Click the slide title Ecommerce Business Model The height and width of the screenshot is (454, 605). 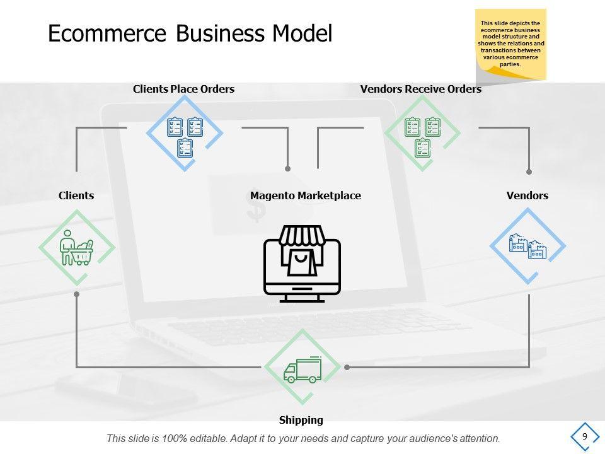(x=190, y=33)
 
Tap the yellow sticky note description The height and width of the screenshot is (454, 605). (x=511, y=44)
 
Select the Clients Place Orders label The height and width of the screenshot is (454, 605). (x=183, y=90)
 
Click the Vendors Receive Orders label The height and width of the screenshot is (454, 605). (x=420, y=90)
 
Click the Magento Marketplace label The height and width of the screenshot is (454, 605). (x=306, y=195)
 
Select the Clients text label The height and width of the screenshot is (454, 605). (x=76, y=195)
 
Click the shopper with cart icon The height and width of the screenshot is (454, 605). (x=77, y=248)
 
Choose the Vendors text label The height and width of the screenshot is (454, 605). (x=527, y=195)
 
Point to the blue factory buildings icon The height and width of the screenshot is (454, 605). (x=527, y=246)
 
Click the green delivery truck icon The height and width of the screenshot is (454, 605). (x=302, y=370)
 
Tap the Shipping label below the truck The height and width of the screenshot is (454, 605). (x=301, y=420)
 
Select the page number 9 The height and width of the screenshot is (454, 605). (x=585, y=436)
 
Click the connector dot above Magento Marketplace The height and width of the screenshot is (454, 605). (x=288, y=169)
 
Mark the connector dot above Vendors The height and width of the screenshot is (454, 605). (x=529, y=172)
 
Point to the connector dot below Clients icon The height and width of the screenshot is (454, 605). (x=77, y=294)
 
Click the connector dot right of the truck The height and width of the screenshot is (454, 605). (x=346, y=366)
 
